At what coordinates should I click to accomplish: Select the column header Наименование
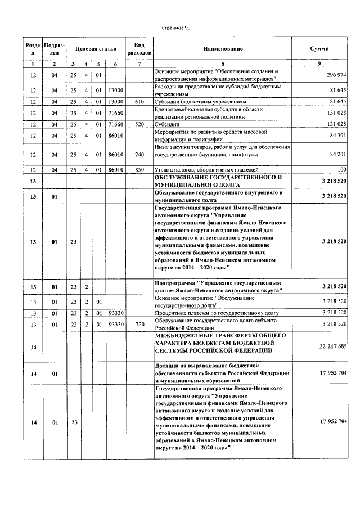223,49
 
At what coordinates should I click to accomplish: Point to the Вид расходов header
139,49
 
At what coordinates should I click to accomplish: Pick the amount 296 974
335,75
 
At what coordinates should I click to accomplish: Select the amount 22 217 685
331,347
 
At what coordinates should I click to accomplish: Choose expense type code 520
139,124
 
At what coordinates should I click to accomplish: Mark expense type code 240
139,154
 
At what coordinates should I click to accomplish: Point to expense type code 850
139,169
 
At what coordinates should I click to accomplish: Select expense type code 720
139,325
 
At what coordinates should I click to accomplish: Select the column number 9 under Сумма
319,64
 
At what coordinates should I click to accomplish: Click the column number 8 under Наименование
223,64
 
